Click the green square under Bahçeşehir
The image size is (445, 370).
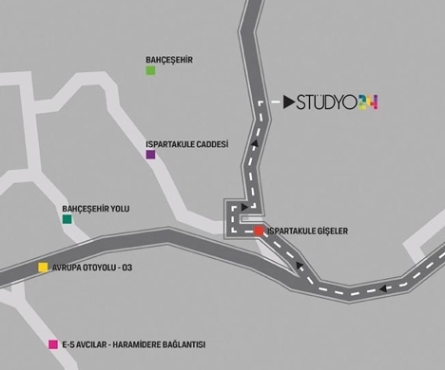click(150, 70)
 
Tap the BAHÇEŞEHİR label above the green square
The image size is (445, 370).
click(169, 60)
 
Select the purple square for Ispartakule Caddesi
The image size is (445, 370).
click(150, 155)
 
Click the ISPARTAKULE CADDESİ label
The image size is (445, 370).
click(187, 144)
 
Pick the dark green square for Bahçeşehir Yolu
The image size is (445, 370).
click(67, 219)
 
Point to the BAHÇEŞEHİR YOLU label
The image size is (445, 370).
click(96, 209)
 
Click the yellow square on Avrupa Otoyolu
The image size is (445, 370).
click(43, 268)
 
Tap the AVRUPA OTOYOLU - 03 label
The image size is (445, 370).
click(92, 268)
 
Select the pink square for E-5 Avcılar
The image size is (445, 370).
click(53, 344)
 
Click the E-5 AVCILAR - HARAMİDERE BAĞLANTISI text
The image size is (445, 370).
click(134, 344)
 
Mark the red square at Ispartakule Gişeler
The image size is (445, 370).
click(259, 231)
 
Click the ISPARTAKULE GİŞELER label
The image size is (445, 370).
click(307, 231)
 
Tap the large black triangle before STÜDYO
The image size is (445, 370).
click(288, 102)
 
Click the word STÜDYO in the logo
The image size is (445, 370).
click(326, 102)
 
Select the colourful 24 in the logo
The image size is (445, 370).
click(368, 102)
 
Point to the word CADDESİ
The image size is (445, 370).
click(213, 144)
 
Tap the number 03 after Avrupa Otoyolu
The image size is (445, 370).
click(127, 268)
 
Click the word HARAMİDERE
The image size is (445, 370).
click(135, 344)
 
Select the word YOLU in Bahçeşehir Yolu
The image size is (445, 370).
click(120, 209)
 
